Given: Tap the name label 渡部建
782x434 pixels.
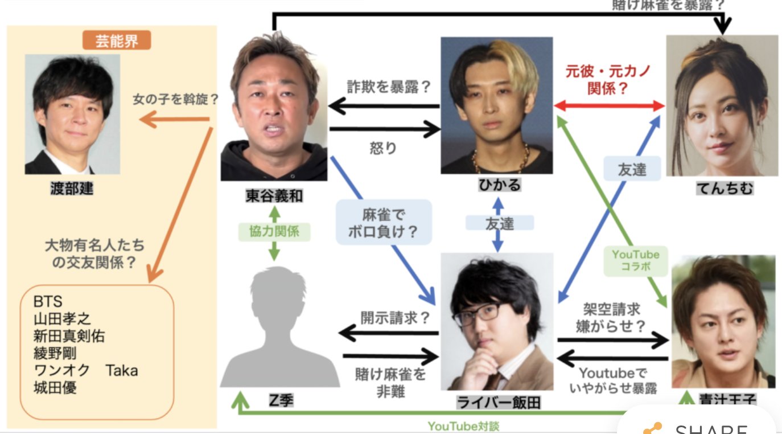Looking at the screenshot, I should [x=71, y=189].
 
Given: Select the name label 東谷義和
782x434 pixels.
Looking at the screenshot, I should [x=274, y=196].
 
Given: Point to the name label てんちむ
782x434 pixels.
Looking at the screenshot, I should [x=724, y=188].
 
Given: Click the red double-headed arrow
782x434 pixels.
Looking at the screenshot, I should [x=610, y=105].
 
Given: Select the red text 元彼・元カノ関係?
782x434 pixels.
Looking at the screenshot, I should [x=608, y=80].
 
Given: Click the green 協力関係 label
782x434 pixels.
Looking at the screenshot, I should [x=274, y=232].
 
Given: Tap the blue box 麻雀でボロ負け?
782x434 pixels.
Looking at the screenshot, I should [x=382, y=223].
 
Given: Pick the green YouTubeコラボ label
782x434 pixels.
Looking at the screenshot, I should [x=636, y=260].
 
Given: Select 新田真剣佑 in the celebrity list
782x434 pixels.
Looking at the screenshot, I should [x=69, y=335].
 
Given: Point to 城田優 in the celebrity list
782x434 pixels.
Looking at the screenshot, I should [x=55, y=388].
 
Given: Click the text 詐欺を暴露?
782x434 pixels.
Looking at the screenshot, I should [x=388, y=87].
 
